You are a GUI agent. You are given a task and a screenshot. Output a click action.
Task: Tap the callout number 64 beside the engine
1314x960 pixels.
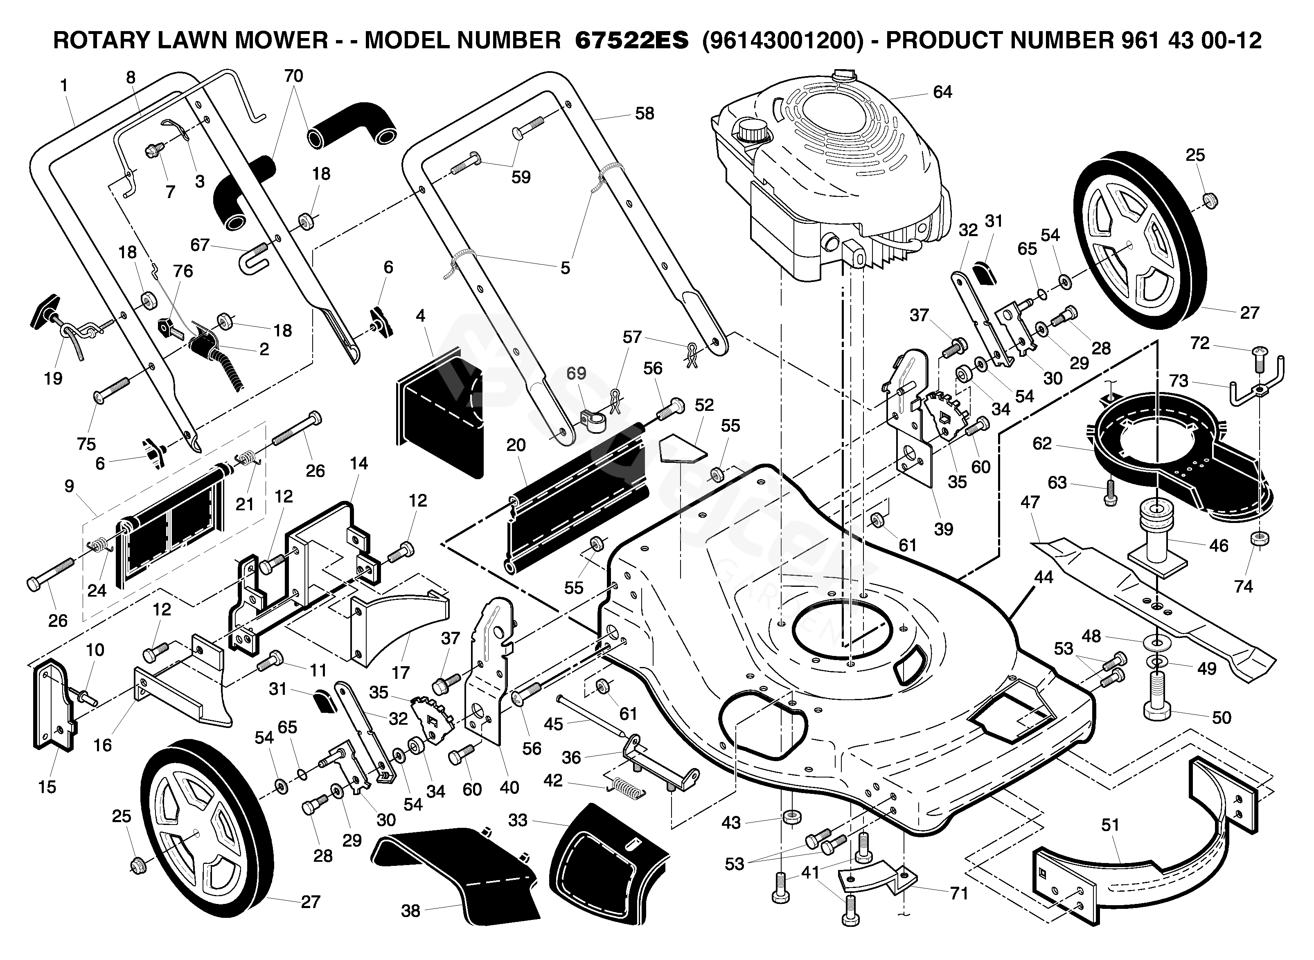click(x=942, y=92)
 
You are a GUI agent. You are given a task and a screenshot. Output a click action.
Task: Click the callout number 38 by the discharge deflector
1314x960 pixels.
click(x=410, y=910)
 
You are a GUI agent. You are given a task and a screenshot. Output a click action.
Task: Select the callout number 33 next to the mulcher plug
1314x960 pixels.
click(x=517, y=820)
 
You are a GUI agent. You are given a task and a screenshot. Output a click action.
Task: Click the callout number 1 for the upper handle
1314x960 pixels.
click(x=64, y=86)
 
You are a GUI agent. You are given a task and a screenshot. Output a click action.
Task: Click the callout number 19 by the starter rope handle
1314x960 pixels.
click(x=53, y=378)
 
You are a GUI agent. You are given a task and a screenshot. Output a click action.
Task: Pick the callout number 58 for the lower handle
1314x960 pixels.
click(x=645, y=113)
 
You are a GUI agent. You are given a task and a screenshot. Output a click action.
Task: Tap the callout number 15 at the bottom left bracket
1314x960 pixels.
click(x=47, y=787)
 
